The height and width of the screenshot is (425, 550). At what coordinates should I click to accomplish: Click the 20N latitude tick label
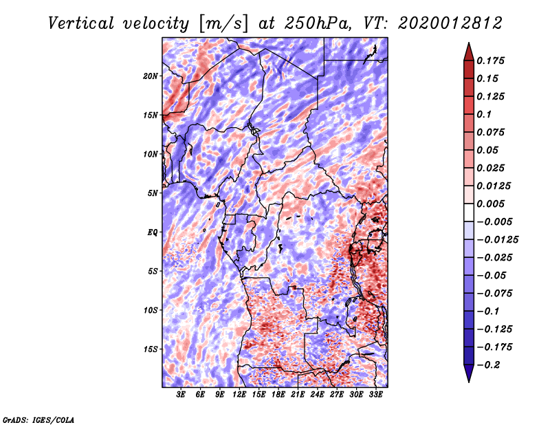click(x=151, y=76)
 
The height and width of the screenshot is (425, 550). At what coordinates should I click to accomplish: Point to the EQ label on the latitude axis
click(x=152, y=232)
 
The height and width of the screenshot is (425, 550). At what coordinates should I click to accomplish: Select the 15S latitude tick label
click(x=151, y=349)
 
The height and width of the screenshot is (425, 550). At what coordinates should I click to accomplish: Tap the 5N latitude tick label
click(x=153, y=193)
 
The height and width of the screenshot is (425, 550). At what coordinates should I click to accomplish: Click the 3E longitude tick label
click(x=181, y=395)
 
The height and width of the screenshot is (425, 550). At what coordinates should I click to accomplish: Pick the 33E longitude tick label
click(x=375, y=395)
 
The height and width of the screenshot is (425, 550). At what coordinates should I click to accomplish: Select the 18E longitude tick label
click(x=278, y=395)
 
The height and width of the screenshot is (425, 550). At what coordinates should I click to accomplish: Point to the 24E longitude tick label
click(x=317, y=395)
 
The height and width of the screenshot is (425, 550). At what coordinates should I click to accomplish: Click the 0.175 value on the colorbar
click(x=490, y=61)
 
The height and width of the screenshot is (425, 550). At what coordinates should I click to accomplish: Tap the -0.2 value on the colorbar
click(x=488, y=365)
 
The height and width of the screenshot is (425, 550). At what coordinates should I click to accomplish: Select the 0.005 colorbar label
click(x=490, y=204)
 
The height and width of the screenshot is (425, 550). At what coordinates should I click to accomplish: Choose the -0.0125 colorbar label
click(x=497, y=240)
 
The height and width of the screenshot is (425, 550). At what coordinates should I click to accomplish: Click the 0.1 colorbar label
click(x=484, y=114)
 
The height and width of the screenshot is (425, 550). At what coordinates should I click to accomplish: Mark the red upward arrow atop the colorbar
click(x=469, y=52)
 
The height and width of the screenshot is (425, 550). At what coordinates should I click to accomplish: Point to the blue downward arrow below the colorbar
click(x=469, y=373)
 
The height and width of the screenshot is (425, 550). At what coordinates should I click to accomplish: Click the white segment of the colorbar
click(x=469, y=212)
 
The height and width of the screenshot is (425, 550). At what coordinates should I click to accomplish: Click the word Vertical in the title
click(x=81, y=23)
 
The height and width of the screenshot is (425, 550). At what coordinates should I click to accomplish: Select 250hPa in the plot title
click(x=318, y=23)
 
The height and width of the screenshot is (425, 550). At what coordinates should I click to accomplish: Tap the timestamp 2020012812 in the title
click(x=450, y=23)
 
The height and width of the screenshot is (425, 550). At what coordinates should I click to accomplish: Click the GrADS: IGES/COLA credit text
click(x=38, y=420)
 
